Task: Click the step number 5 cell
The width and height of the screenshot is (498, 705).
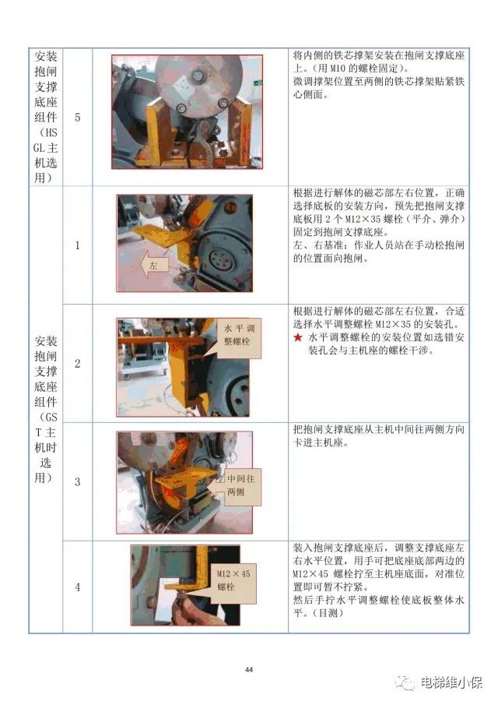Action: [x=77, y=117]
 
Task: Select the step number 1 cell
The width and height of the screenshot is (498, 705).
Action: [x=77, y=245]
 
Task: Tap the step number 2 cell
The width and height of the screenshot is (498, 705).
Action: [x=77, y=364]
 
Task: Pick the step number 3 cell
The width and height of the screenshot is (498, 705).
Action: [x=77, y=481]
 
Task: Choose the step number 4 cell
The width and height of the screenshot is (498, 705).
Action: [x=77, y=587]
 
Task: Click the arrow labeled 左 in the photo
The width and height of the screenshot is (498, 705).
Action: [x=153, y=266]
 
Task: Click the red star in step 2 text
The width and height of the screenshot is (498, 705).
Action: [x=297, y=337]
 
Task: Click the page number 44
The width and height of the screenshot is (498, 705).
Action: [x=249, y=669]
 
